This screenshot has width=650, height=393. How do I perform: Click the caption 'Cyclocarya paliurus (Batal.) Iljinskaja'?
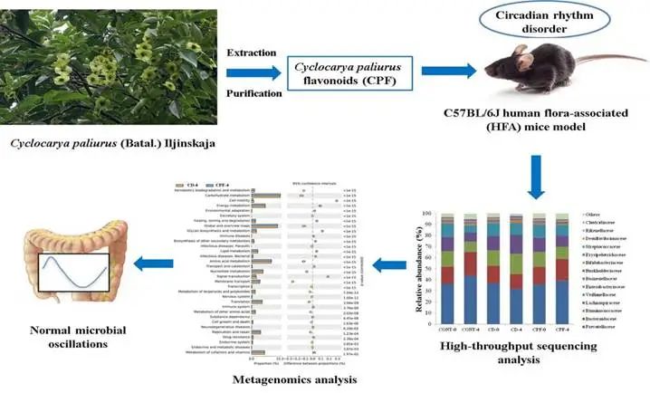coord(100,142)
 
